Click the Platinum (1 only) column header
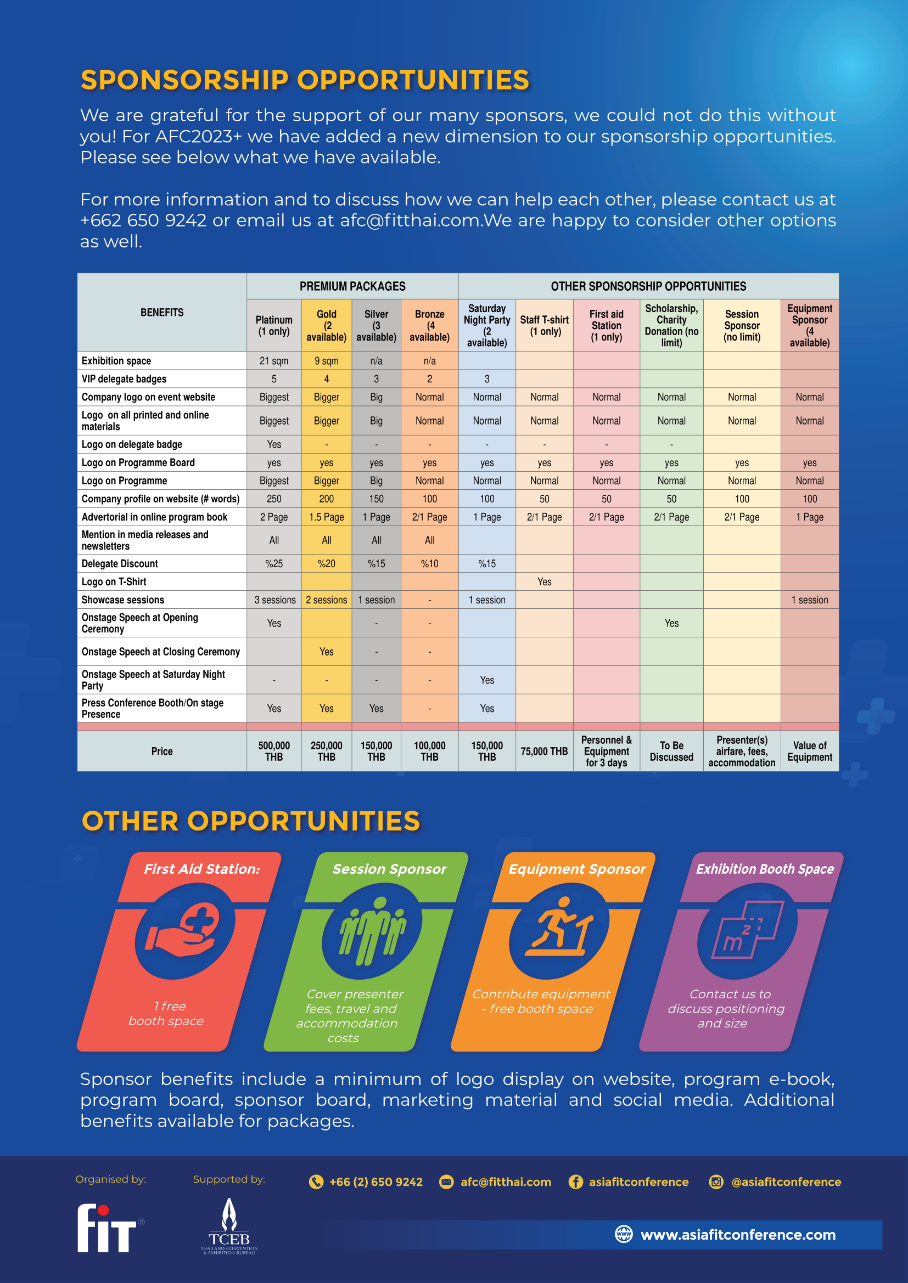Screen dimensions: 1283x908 (274, 325)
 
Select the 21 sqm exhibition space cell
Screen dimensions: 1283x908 (274, 361)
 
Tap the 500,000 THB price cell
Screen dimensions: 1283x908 (274, 751)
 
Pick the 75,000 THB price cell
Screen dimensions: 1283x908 (544, 751)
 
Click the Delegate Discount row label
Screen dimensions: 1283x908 (120, 564)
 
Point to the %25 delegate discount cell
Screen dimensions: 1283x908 (274, 564)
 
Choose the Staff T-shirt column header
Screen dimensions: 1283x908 (544, 325)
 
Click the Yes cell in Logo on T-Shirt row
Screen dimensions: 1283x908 (544, 581)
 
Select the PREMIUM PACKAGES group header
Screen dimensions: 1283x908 (352, 286)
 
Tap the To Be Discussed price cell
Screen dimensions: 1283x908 (671, 751)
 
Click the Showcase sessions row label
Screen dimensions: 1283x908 (123, 600)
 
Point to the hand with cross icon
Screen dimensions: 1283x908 (184, 930)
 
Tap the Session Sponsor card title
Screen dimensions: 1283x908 (389, 869)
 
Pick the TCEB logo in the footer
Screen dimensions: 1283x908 (229, 1227)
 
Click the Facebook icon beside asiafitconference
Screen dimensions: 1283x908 (575, 1182)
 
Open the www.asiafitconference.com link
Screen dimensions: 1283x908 (737, 1234)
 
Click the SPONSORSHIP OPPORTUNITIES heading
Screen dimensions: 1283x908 (305, 80)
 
